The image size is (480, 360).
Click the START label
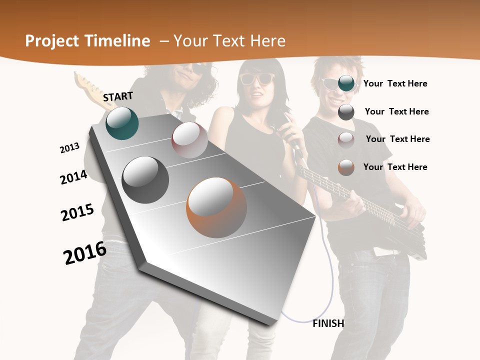click(x=118, y=96)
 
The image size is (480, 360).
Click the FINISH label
click(x=328, y=323)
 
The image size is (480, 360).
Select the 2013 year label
click(x=69, y=148)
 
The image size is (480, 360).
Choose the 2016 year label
click(x=85, y=253)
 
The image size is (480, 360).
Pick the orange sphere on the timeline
click(x=216, y=207)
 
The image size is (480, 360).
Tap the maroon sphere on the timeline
click(x=189, y=140)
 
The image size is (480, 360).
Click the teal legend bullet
click(x=346, y=83)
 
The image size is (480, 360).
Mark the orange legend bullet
click(x=346, y=167)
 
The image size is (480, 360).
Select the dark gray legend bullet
click(x=346, y=111)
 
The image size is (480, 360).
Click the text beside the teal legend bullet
click(x=395, y=83)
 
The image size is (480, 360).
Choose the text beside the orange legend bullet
click(x=395, y=167)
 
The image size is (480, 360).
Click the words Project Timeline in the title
click(x=87, y=41)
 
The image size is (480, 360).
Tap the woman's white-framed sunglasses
click(x=257, y=78)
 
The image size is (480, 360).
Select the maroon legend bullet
click(x=346, y=139)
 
